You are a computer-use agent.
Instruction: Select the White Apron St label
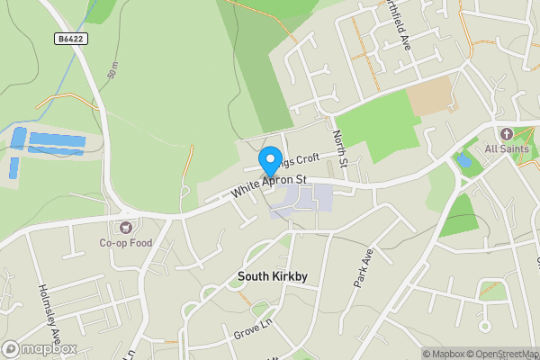click(x=269, y=184)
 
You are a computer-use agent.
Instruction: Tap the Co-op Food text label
click(x=126, y=243)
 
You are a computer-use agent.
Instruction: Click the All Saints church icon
click(x=507, y=133)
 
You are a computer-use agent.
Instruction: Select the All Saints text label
click(x=507, y=148)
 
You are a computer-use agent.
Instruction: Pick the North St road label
click(x=339, y=146)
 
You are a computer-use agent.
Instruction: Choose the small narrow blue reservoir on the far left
click(x=13, y=167)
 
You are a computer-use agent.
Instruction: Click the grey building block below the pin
click(x=301, y=201)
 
